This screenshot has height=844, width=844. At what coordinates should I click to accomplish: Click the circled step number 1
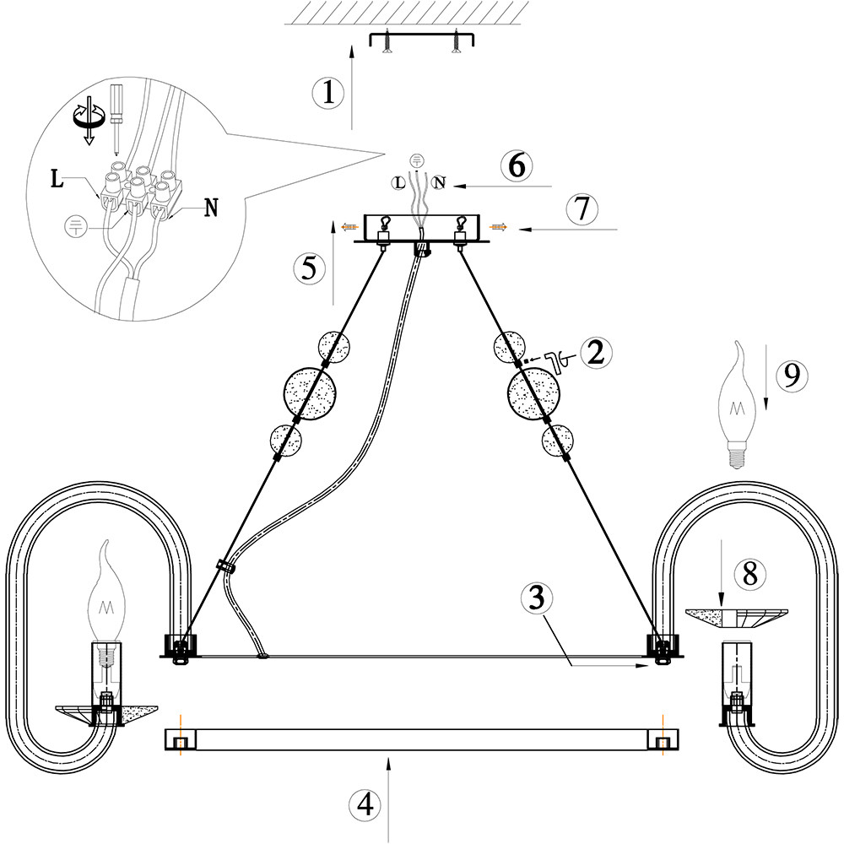327,92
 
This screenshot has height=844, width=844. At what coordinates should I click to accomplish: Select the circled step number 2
596,353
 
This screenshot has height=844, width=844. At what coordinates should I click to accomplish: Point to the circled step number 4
364,804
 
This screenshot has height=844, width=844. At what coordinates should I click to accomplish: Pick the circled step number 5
309,268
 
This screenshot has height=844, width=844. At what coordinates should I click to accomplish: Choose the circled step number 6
515,165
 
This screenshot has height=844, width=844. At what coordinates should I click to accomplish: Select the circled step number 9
790,375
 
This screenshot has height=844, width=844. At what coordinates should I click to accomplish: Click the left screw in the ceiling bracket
387,41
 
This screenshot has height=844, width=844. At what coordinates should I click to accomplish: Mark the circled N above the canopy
438,182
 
